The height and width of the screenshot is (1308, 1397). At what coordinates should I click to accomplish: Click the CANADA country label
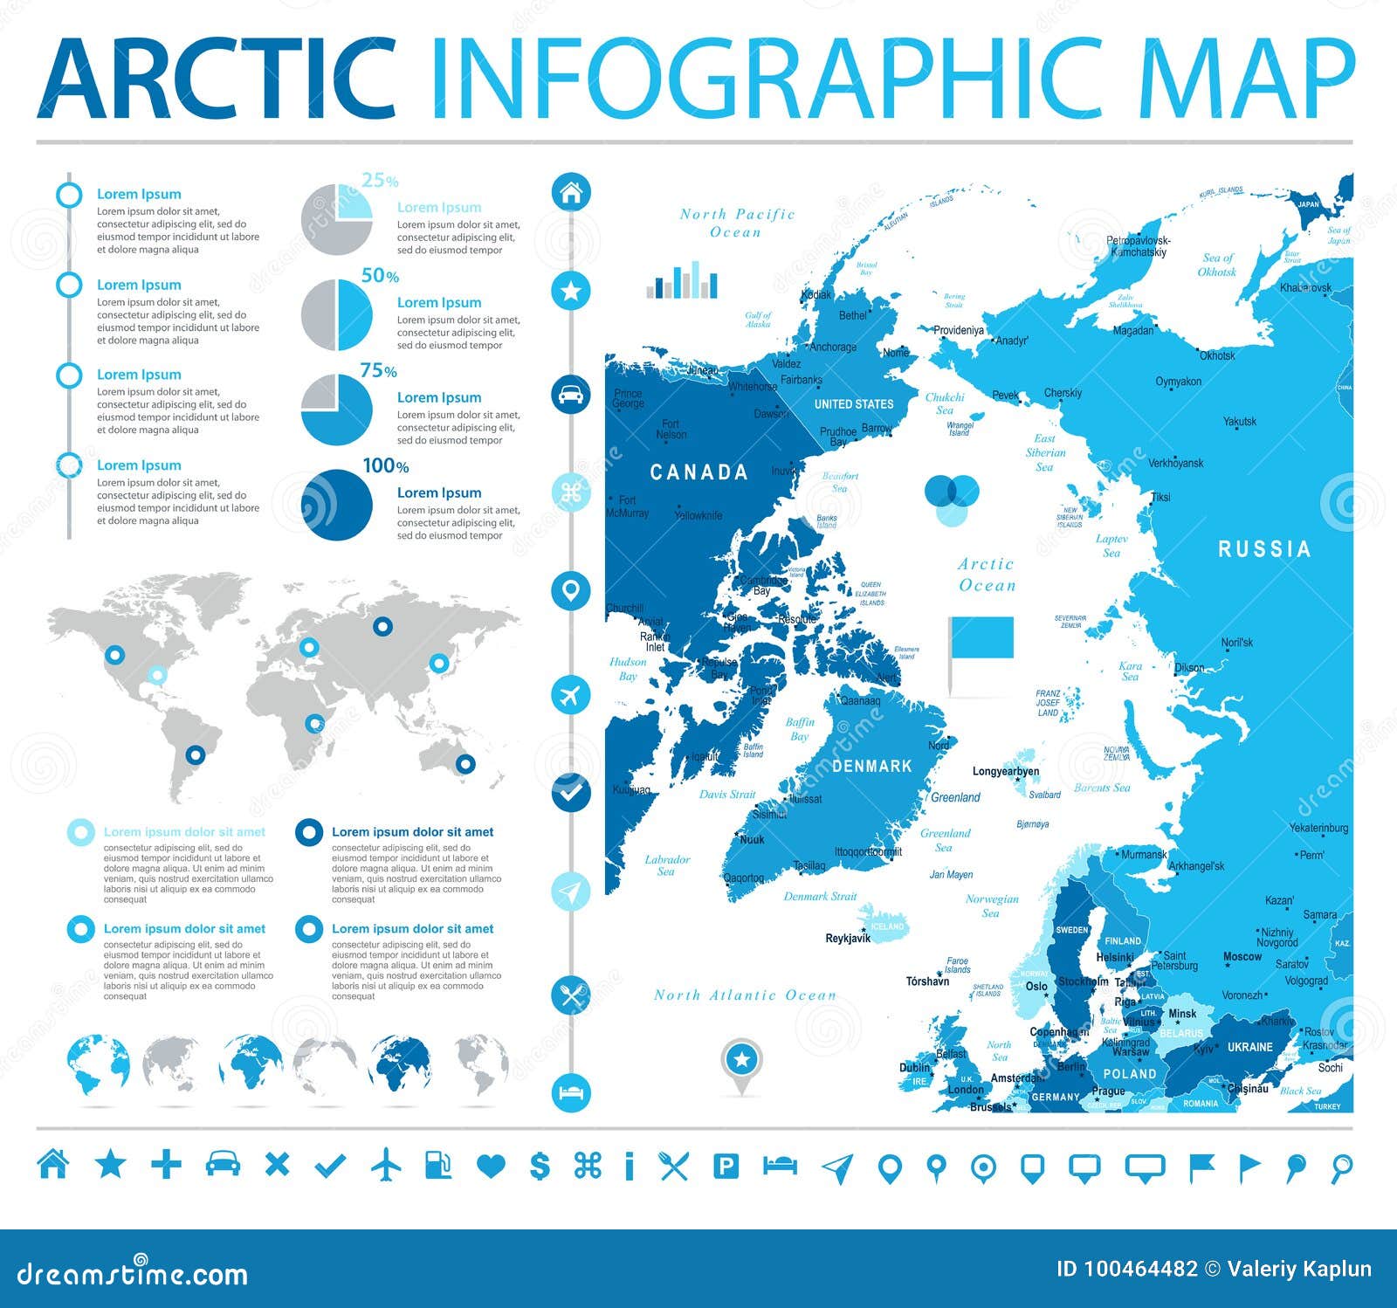[x=698, y=472]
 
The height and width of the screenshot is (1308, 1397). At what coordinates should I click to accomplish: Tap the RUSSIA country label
[x=1263, y=549]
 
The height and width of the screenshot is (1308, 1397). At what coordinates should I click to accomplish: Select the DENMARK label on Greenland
[x=871, y=766]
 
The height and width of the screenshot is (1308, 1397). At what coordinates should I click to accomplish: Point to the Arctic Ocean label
[x=987, y=575]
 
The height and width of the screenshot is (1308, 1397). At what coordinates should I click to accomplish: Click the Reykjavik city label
[x=848, y=939]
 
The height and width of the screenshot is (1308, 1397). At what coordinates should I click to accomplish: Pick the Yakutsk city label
[x=1239, y=422]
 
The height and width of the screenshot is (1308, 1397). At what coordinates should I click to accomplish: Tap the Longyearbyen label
[x=1005, y=772]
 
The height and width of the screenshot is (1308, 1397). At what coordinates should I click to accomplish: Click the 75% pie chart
[x=337, y=409]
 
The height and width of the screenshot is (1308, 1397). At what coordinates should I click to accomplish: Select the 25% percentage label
[x=380, y=181]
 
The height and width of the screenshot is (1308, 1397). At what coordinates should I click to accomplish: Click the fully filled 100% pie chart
[x=337, y=505]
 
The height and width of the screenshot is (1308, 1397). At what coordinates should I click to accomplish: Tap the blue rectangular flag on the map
[x=981, y=637]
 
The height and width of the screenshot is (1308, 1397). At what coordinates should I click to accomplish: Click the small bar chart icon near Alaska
[x=682, y=281]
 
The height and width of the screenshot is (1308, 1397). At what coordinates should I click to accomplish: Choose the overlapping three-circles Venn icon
[x=952, y=499]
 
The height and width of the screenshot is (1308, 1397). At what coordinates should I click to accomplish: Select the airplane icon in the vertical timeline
[x=571, y=695]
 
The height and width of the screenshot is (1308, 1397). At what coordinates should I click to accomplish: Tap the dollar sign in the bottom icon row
[x=540, y=1165]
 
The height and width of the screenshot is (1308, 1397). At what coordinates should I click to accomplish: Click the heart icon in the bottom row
[x=492, y=1166]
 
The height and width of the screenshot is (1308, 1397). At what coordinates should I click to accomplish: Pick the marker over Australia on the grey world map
[x=465, y=764]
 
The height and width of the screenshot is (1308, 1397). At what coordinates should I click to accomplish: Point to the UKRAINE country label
[x=1249, y=1047]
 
